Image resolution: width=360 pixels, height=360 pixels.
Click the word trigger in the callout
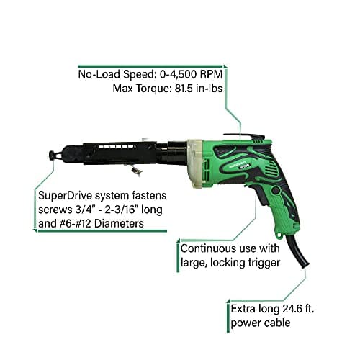click(x=264, y=262)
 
